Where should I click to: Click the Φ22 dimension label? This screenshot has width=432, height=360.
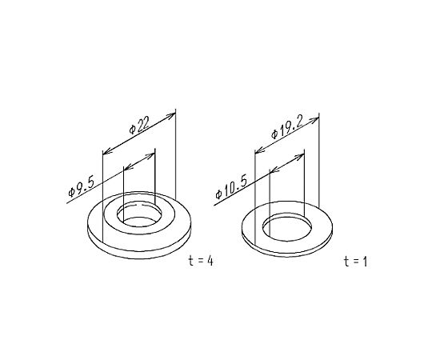[139, 125]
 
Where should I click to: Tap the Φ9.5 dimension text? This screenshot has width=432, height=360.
[82, 187]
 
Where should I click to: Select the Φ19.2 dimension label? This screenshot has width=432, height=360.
[287, 127]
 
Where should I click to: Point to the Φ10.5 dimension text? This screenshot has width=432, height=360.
[231, 186]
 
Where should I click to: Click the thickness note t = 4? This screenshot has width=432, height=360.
[201, 261]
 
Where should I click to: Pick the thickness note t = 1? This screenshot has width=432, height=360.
[356, 262]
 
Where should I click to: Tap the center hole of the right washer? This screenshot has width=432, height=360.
[287, 227]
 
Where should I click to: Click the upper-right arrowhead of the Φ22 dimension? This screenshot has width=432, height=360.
[172, 115]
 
